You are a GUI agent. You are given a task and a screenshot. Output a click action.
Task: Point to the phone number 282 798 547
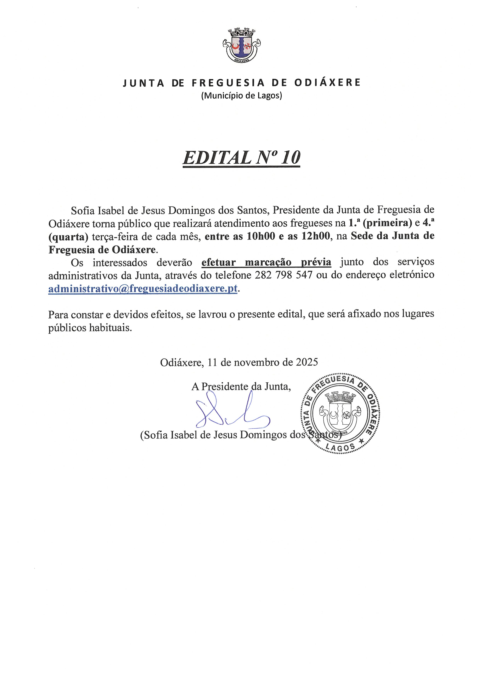point(283,275)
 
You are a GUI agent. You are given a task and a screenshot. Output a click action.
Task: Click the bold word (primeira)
point(387,223)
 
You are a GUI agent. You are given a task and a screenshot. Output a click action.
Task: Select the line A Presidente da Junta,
point(241,386)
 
